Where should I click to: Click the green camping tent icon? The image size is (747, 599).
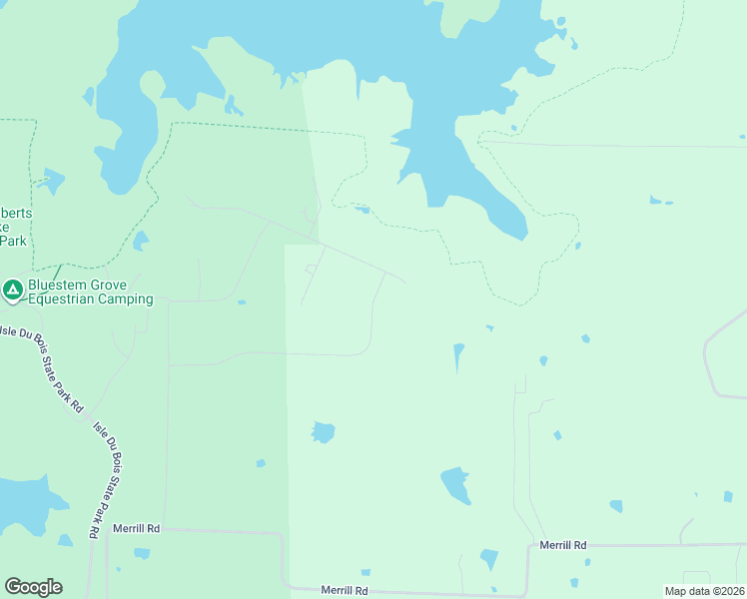(x=13, y=290)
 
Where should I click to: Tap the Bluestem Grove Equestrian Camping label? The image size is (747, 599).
(x=90, y=292)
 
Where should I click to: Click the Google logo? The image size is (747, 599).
(x=33, y=587)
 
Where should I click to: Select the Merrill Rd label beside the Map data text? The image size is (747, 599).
(x=563, y=545)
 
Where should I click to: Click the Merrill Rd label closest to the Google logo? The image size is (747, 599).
(x=136, y=528)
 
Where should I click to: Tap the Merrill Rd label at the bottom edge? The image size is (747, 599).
(x=344, y=591)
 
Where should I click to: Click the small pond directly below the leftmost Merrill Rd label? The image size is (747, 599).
(x=142, y=552)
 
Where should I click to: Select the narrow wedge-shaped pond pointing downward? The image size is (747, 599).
(x=458, y=355)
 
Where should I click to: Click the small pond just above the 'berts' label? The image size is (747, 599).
(x=49, y=181)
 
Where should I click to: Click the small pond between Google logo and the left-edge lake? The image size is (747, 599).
(x=65, y=540)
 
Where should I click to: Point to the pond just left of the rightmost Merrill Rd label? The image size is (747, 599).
(x=488, y=558)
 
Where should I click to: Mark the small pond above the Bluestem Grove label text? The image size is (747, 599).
(x=140, y=241)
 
